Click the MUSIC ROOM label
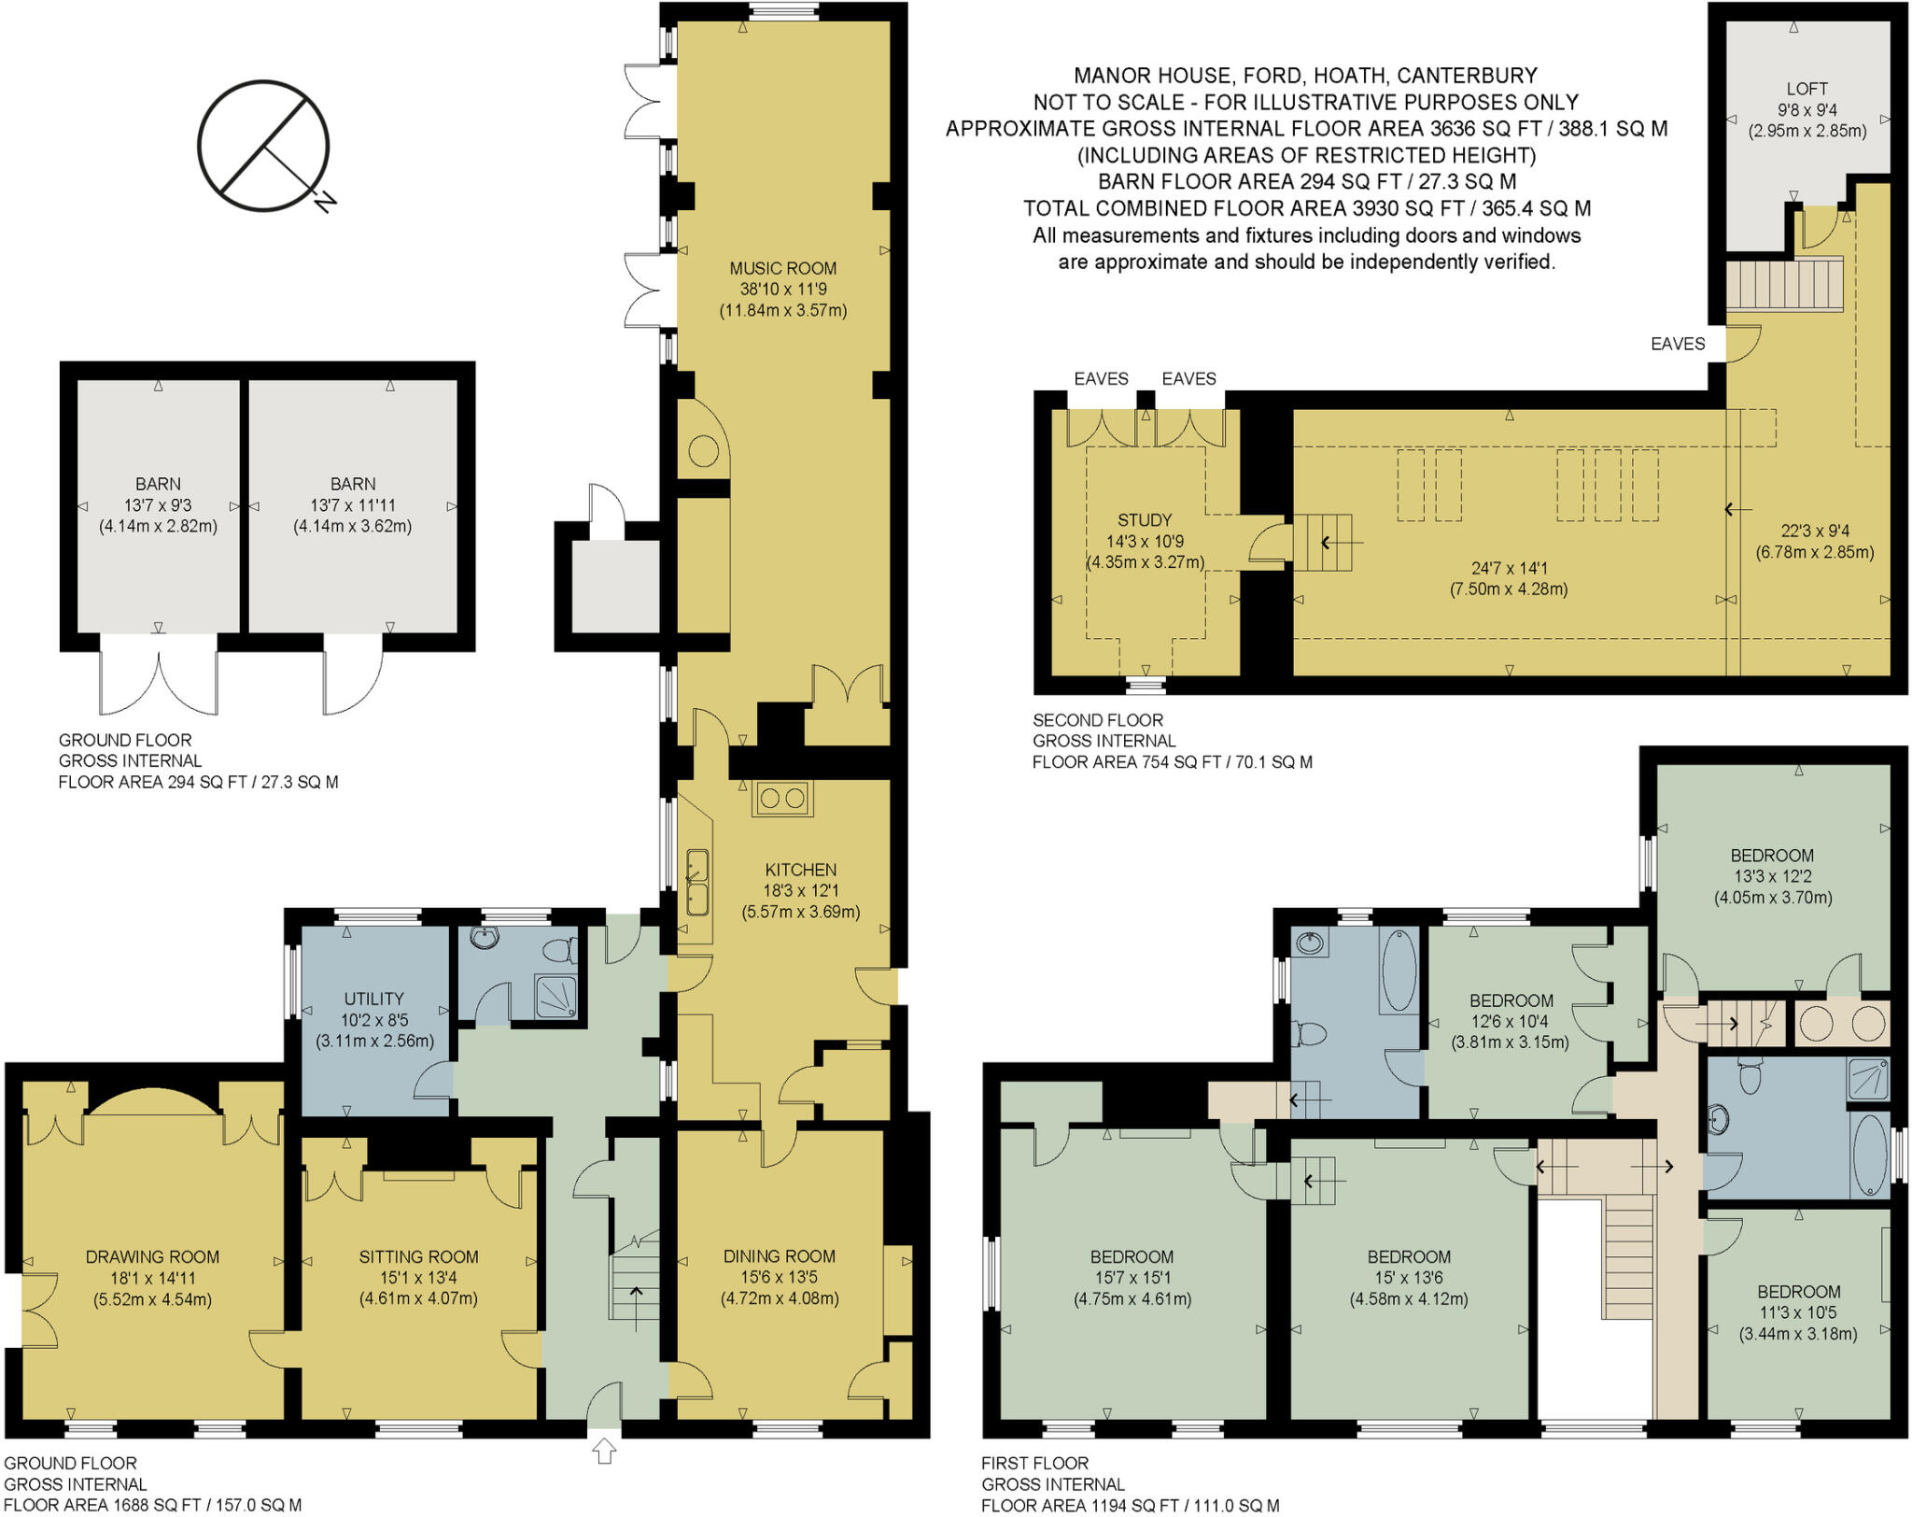782,269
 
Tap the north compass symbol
263,146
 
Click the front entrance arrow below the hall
604,1451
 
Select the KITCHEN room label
800,870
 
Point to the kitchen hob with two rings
782,799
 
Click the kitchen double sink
697,883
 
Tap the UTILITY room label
373,999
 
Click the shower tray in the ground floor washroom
555,997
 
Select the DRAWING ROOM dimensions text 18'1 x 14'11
152,1278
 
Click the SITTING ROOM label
418,1257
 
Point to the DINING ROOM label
779,1256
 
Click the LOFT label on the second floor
1807,89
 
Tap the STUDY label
1144,520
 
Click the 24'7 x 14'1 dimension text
1509,568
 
